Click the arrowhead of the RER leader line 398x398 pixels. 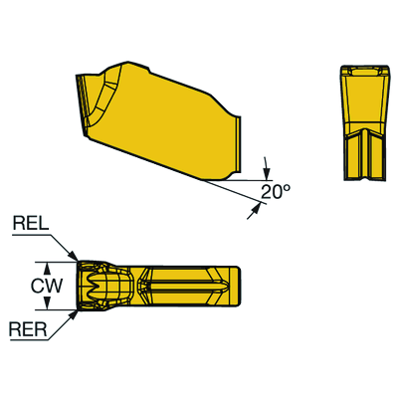[74, 310]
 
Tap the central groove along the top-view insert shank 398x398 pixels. [189, 286]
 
